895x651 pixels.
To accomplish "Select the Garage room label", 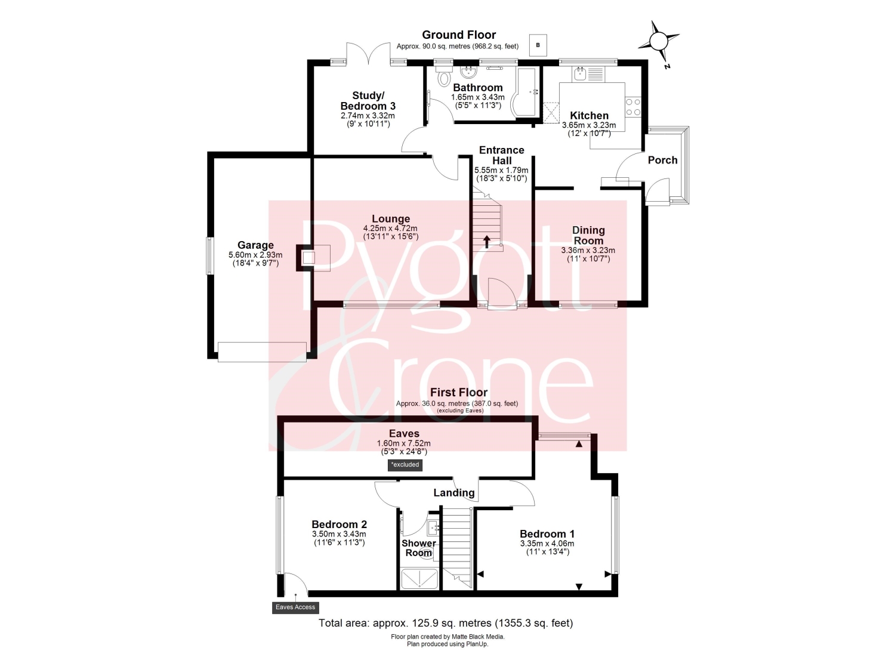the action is pos(255,245).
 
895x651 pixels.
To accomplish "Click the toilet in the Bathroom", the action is pos(443,77).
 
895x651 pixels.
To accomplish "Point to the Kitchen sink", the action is pos(579,74).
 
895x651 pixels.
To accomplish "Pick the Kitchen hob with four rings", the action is pos(633,107).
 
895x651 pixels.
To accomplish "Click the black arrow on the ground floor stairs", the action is pos(487,242).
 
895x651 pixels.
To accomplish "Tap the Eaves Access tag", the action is pos(295,607).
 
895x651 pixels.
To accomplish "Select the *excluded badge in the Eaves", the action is pos(405,465).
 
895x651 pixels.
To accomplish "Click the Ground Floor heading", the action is pos(459,35).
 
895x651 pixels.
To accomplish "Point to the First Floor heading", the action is pos(459,392).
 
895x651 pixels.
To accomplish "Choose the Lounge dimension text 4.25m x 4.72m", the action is pos(390,228).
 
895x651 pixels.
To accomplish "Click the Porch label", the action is pos(662,160).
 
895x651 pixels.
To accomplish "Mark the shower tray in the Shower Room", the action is pos(419,579).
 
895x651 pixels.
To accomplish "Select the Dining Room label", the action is pos(588,235).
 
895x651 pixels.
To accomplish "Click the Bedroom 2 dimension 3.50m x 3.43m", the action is pos(339,534).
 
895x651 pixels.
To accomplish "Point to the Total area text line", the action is pos(446,623).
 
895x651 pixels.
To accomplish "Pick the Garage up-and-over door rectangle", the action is pos(262,351).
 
